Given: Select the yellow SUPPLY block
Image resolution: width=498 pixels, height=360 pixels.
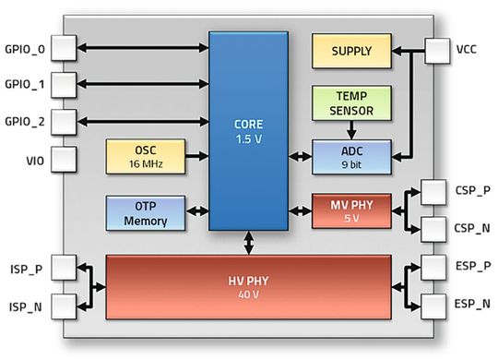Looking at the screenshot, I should (351, 51).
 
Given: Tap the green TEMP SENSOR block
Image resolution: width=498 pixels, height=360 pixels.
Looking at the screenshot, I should (351, 103).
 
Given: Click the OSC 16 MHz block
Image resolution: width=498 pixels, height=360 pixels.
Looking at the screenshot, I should (146, 157).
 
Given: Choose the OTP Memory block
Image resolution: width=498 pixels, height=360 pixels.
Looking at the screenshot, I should (146, 212).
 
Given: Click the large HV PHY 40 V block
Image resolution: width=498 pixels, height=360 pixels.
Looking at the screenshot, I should (249, 286).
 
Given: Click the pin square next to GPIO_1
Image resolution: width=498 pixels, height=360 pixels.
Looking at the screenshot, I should (63, 84).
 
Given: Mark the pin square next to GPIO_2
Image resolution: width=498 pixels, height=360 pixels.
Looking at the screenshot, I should (63, 121).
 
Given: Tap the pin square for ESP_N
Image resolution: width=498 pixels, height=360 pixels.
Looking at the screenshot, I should (432, 303).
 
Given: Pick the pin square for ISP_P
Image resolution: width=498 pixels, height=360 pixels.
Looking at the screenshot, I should (63, 268).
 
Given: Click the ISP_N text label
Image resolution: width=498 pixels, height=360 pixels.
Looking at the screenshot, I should (25, 305).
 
